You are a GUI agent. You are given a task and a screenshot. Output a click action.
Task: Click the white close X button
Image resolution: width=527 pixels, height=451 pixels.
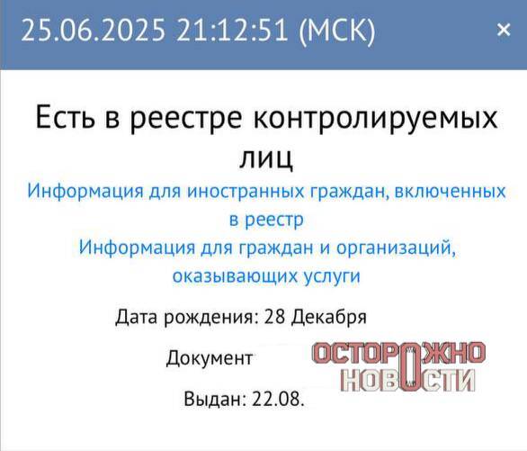click(504, 30)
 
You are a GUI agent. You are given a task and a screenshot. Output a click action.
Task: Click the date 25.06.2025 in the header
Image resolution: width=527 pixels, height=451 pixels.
click(94, 30)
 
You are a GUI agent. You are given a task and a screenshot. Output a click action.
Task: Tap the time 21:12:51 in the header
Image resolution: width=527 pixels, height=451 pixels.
click(232, 30)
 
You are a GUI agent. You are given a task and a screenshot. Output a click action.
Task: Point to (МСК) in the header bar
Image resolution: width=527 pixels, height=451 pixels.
click(336, 31)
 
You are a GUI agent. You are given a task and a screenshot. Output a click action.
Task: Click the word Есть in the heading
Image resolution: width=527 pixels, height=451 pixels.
click(66, 117)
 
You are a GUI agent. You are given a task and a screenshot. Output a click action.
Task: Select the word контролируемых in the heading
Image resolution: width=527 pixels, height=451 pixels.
click(375, 120)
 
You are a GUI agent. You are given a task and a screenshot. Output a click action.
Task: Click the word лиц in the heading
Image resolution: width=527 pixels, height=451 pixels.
click(266, 158)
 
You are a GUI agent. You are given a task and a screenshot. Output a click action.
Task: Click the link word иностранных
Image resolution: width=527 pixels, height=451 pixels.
click(246, 191)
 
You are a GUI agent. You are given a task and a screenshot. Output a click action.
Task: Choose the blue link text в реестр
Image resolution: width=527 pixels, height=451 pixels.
click(266, 220)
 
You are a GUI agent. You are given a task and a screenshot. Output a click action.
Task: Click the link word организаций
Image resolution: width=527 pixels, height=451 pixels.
click(397, 248)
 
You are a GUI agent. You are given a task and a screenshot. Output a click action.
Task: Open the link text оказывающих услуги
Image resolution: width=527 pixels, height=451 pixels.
click(266, 275)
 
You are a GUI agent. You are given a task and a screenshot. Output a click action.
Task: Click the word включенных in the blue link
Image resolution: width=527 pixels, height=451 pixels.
click(450, 191)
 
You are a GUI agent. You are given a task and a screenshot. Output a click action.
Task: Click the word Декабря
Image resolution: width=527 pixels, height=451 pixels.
click(328, 317)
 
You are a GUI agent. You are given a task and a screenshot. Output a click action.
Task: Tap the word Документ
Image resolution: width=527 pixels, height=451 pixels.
click(210, 358)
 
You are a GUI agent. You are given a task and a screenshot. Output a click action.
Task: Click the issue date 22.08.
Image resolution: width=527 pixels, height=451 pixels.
click(278, 399)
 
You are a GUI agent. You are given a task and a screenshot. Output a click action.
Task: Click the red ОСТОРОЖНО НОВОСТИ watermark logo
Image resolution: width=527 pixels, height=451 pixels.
click(399, 366)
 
